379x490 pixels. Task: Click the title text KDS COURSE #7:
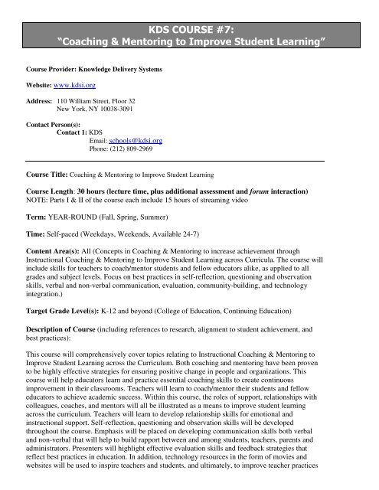pyautogui.click(x=188, y=25)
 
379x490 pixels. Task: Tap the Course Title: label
pyautogui.click(x=51, y=173)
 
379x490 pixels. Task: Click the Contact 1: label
pyautogui.click(x=72, y=132)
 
